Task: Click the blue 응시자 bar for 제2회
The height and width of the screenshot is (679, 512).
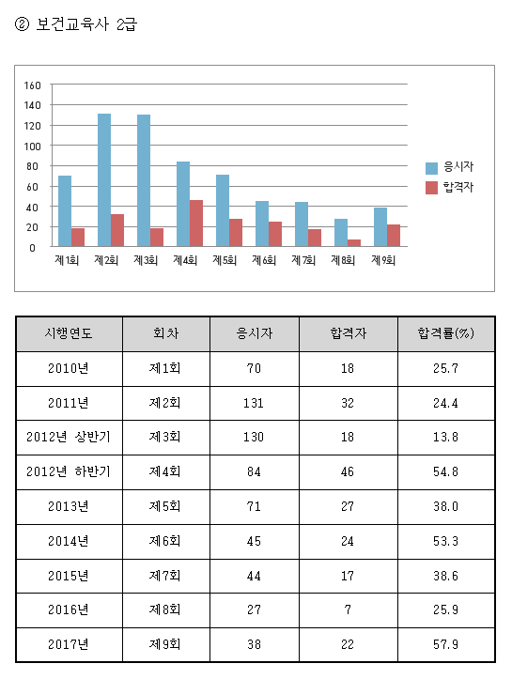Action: coord(104,179)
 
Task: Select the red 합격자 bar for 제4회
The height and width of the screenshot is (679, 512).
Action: coord(196,223)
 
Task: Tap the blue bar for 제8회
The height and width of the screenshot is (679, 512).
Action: coord(341,233)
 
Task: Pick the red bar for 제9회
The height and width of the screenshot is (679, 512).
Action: coord(394,235)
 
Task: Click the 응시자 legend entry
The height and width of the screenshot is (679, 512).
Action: coord(450,167)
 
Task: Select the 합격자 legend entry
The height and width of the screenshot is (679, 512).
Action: coord(450,187)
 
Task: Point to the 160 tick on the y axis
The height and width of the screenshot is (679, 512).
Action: coord(33,85)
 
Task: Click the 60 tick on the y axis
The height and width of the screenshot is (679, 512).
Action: coord(33,187)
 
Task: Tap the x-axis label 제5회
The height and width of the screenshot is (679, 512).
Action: coord(225,260)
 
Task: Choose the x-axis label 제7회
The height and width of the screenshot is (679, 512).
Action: coord(303,260)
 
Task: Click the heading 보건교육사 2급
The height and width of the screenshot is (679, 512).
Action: coord(86,24)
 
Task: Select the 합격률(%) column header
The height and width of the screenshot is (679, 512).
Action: coord(445,333)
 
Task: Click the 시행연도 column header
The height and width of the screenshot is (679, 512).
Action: coord(69,333)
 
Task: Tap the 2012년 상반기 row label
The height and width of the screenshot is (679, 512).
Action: coord(69,437)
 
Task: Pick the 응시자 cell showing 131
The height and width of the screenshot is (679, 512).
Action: coord(254,403)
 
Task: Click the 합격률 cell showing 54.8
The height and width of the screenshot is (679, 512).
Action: coord(445,471)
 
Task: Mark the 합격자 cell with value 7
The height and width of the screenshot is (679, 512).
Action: coord(348,610)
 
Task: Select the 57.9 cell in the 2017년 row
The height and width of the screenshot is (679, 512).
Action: coord(445,644)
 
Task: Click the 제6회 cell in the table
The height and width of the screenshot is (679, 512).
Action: coord(164,541)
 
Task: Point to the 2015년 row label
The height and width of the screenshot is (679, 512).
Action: coord(69,576)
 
